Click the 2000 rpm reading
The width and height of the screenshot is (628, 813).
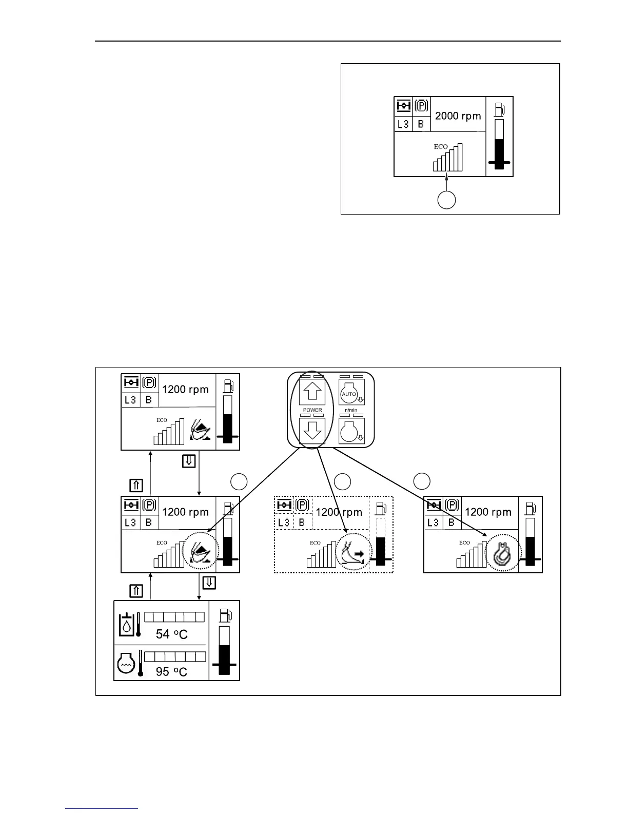click(x=458, y=116)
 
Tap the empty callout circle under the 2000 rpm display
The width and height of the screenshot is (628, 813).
click(x=446, y=200)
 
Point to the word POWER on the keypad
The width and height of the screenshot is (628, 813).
click(x=312, y=410)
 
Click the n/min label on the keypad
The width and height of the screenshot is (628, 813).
click(x=351, y=410)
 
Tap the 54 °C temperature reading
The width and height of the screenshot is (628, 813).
click(x=171, y=634)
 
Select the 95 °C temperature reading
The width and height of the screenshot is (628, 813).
click(x=171, y=671)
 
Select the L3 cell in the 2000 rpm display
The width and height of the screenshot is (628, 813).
click(x=403, y=124)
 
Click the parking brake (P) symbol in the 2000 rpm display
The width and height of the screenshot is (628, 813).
click(x=421, y=106)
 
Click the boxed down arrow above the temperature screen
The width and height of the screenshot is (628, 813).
click(x=209, y=583)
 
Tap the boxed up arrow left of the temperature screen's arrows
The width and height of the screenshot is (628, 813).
click(x=136, y=591)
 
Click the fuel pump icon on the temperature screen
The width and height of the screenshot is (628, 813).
click(x=225, y=615)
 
